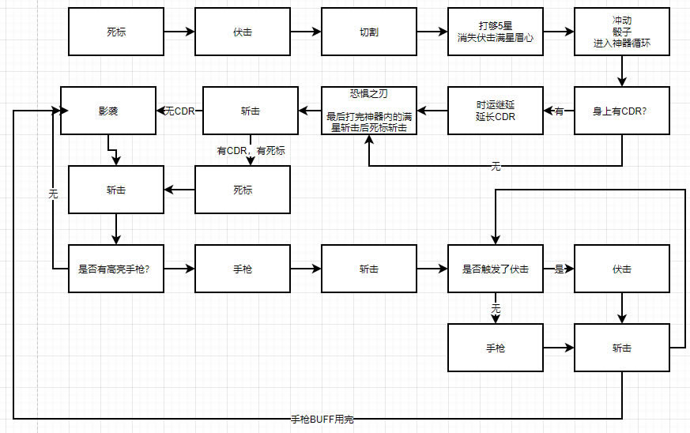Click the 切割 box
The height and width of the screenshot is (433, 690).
[368, 32]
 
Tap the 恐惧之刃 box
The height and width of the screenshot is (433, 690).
[368, 111]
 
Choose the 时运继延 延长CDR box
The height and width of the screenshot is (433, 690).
[495, 111]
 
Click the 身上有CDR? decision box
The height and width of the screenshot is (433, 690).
[621, 111]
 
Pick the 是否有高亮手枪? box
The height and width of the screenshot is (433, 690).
[115, 269]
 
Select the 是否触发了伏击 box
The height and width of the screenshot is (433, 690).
[495, 269]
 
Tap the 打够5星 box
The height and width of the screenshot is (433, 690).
[495, 32]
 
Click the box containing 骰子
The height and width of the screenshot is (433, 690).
[621, 32]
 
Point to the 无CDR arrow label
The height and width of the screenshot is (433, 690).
[179, 111]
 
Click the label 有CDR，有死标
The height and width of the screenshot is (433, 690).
[251, 150]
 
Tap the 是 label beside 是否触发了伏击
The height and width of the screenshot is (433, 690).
[559, 269]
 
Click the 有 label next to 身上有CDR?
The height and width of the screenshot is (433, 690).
[559, 111]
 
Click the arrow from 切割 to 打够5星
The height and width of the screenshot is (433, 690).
[432, 32]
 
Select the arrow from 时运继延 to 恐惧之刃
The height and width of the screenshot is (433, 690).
[432, 111]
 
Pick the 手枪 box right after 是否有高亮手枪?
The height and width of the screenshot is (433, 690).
[242, 269]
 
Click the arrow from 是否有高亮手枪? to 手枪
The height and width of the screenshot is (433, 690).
[179, 269]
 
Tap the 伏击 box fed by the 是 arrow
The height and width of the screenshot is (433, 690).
[621, 269]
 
